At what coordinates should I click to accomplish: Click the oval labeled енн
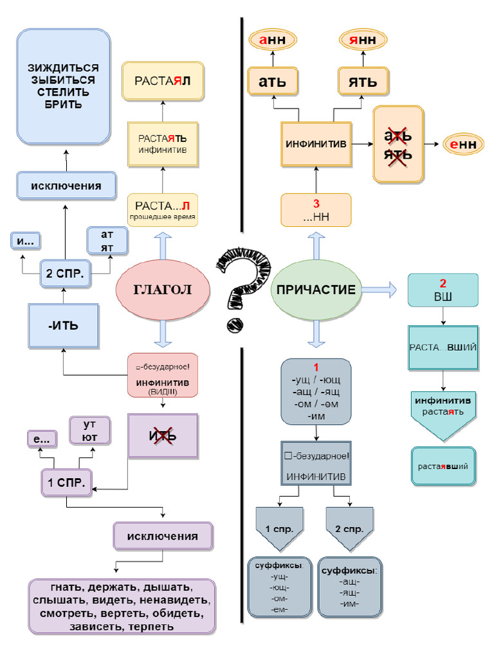pos(463,145)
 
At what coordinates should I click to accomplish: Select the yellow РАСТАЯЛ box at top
pos(163,81)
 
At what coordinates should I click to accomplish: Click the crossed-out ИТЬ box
pos(163,436)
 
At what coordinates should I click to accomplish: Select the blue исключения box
pos(66,186)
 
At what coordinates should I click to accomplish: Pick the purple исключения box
pos(162,536)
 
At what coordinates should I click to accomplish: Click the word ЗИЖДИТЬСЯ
pos(63,68)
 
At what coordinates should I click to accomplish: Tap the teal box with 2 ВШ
pos(443,290)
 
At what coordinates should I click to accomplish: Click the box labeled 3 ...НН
pos(316,210)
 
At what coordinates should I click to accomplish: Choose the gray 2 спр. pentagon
pos(350,529)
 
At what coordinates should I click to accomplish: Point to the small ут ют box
pos(90,431)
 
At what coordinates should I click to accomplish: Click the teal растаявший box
pos(443,466)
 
